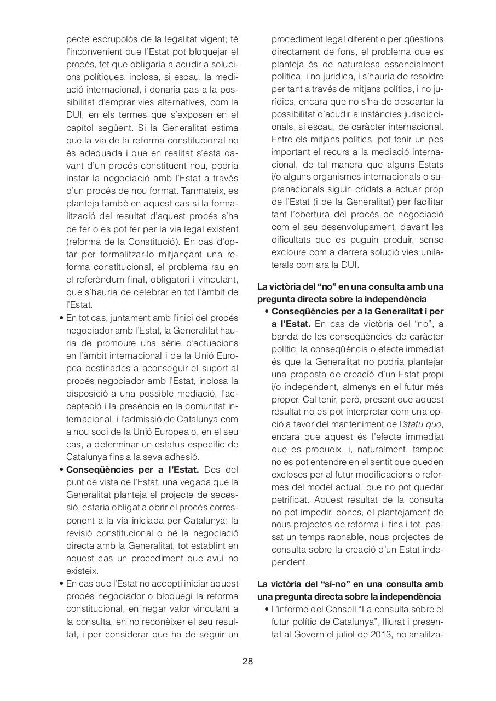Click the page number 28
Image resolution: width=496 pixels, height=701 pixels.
click(x=247, y=661)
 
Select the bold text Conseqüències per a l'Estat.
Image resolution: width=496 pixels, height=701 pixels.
click(x=133, y=470)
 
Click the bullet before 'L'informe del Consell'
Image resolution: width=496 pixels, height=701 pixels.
click(x=266, y=609)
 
